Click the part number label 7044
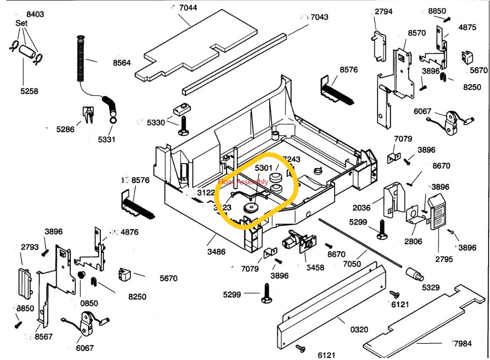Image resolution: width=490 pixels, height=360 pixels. tap(188, 8)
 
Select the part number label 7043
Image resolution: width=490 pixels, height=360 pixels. tap(319, 17)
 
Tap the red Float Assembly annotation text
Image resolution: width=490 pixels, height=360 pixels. tap(243, 182)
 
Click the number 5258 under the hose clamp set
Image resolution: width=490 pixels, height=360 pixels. tap(29, 91)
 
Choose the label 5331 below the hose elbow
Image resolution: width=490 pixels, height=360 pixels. tap(107, 140)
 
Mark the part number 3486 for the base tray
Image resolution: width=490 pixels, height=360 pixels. tap(216, 251)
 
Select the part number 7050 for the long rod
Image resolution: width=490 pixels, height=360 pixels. tap(353, 264)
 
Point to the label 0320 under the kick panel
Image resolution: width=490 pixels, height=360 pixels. tap(359, 329)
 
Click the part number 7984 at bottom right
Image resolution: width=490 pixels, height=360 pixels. tap(462, 343)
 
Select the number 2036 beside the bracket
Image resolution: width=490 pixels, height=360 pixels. tap(362, 208)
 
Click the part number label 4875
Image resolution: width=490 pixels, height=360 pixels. tap(467, 27)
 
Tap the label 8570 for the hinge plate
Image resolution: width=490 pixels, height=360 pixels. tap(417, 33)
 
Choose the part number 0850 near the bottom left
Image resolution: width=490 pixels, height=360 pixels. tap(89, 303)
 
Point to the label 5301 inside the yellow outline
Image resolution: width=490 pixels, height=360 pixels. tap(264, 168)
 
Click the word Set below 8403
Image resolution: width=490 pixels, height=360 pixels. tap(21, 23)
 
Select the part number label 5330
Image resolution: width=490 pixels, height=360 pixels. tap(156, 122)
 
